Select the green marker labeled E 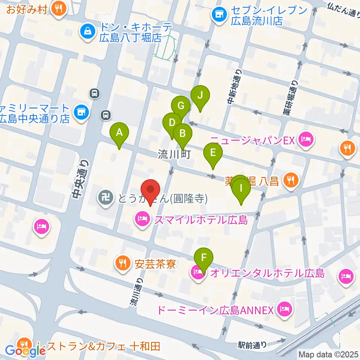coord(213,153)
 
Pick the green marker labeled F coord(204,258)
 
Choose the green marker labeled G coord(181,105)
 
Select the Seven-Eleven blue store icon coord(219,15)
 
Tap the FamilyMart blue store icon coord(80,111)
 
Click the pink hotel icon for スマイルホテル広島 coord(142,219)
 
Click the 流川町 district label coord(175,154)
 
